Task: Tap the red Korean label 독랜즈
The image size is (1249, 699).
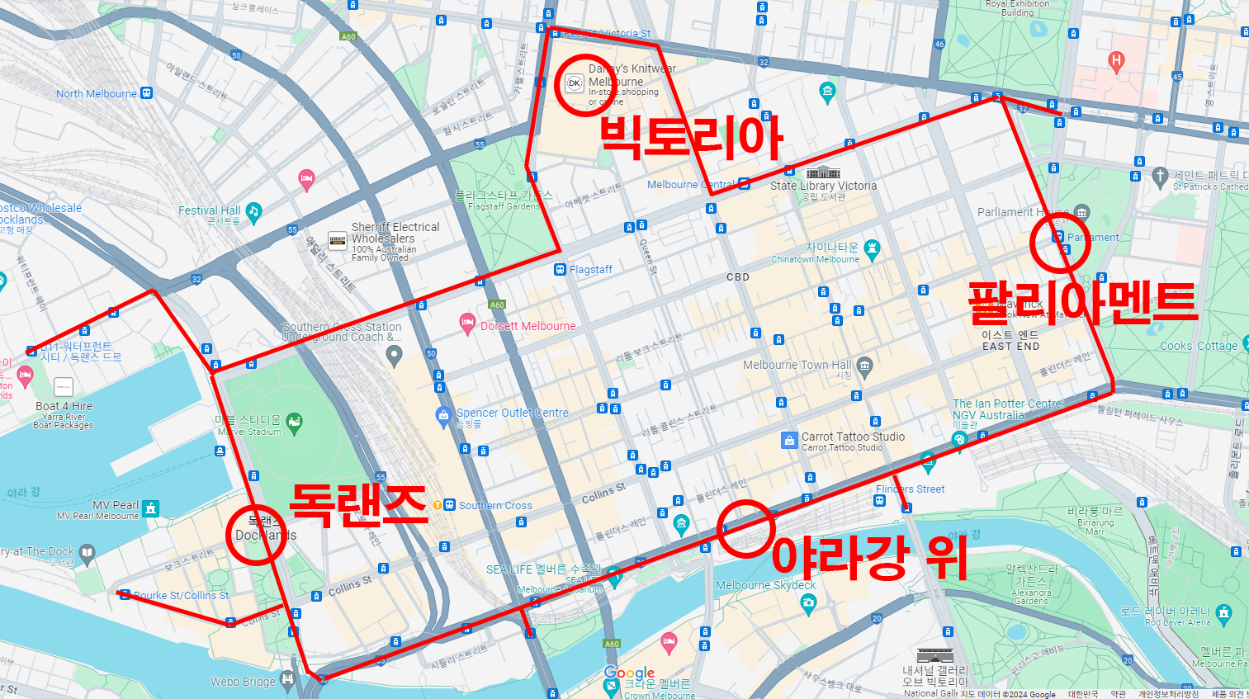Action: click(x=358, y=504)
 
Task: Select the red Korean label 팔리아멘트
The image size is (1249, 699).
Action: click(x=1082, y=302)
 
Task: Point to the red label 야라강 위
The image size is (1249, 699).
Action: click(x=868, y=558)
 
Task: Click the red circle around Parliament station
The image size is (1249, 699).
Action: click(x=1061, y=243)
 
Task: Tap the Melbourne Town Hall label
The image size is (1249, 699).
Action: click(x=797, y=365)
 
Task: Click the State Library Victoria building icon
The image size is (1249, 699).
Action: click(x=822, y=172)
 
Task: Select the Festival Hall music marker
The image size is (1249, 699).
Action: click(x=253, y=211)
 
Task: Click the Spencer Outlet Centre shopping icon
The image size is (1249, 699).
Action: click(x=443, y=415)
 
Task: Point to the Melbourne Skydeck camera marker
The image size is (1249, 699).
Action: click(x=808, y=603)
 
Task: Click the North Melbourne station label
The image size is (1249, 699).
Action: click(x=97, y=94)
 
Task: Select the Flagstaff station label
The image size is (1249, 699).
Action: click(x=590, y=270)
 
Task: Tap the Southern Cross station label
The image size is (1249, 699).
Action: click(x=495, y=506)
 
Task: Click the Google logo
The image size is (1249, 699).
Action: click(x=629, y=673)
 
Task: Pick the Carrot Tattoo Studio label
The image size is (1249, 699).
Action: click(x=853, y=437)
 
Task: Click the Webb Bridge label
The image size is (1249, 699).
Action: click(x=243, y=682)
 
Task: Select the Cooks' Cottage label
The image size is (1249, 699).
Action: click(x=1198, y=347)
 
